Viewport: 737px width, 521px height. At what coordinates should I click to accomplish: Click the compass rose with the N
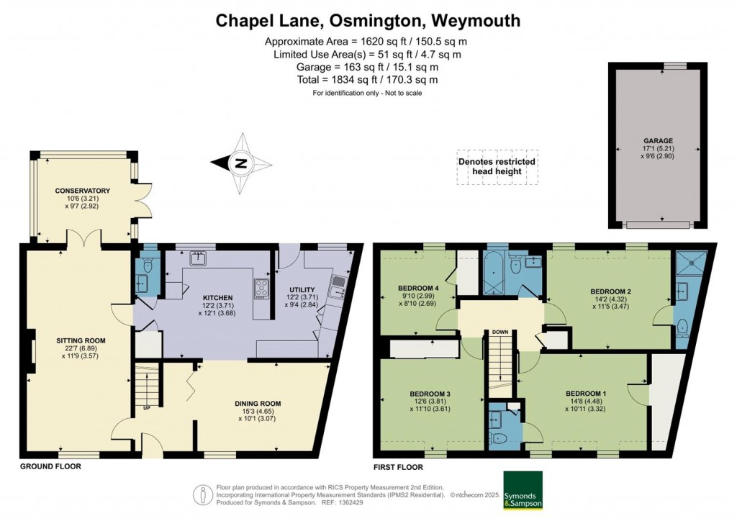pyautogui.click(x=240, y=163)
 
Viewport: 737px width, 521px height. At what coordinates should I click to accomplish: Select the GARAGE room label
pyautogui.click(x=654, y=142)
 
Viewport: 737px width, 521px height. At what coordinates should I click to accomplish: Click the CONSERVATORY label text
pyautogui.click(x=81, y=191)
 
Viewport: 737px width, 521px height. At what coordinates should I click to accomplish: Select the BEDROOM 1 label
pyautogui.click(x=584, y=393)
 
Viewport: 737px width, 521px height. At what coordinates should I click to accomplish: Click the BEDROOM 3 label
pyautogui.click(x=430, y=394)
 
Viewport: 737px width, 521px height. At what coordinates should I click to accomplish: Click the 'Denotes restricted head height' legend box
pyautogui.click(x=497, y=167)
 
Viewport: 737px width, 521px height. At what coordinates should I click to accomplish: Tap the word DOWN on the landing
pyautogui.click(x=500, y=332)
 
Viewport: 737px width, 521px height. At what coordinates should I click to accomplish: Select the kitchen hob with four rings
pyautogui.click(x=261, y=288)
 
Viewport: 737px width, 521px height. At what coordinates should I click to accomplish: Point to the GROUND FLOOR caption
pyautogui.click(x=50, y=466)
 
